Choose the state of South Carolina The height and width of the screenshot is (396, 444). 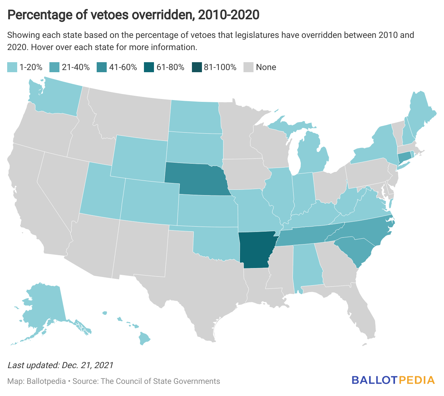(354, 250)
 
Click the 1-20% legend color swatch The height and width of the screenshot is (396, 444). (12, 67)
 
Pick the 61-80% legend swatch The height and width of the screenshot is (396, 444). (149, 67)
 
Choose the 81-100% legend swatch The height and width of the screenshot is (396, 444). (196, 67)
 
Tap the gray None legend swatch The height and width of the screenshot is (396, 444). (248, 67)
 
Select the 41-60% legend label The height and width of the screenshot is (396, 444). (123, 67)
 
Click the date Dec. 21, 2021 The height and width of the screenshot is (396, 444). (87, 365)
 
